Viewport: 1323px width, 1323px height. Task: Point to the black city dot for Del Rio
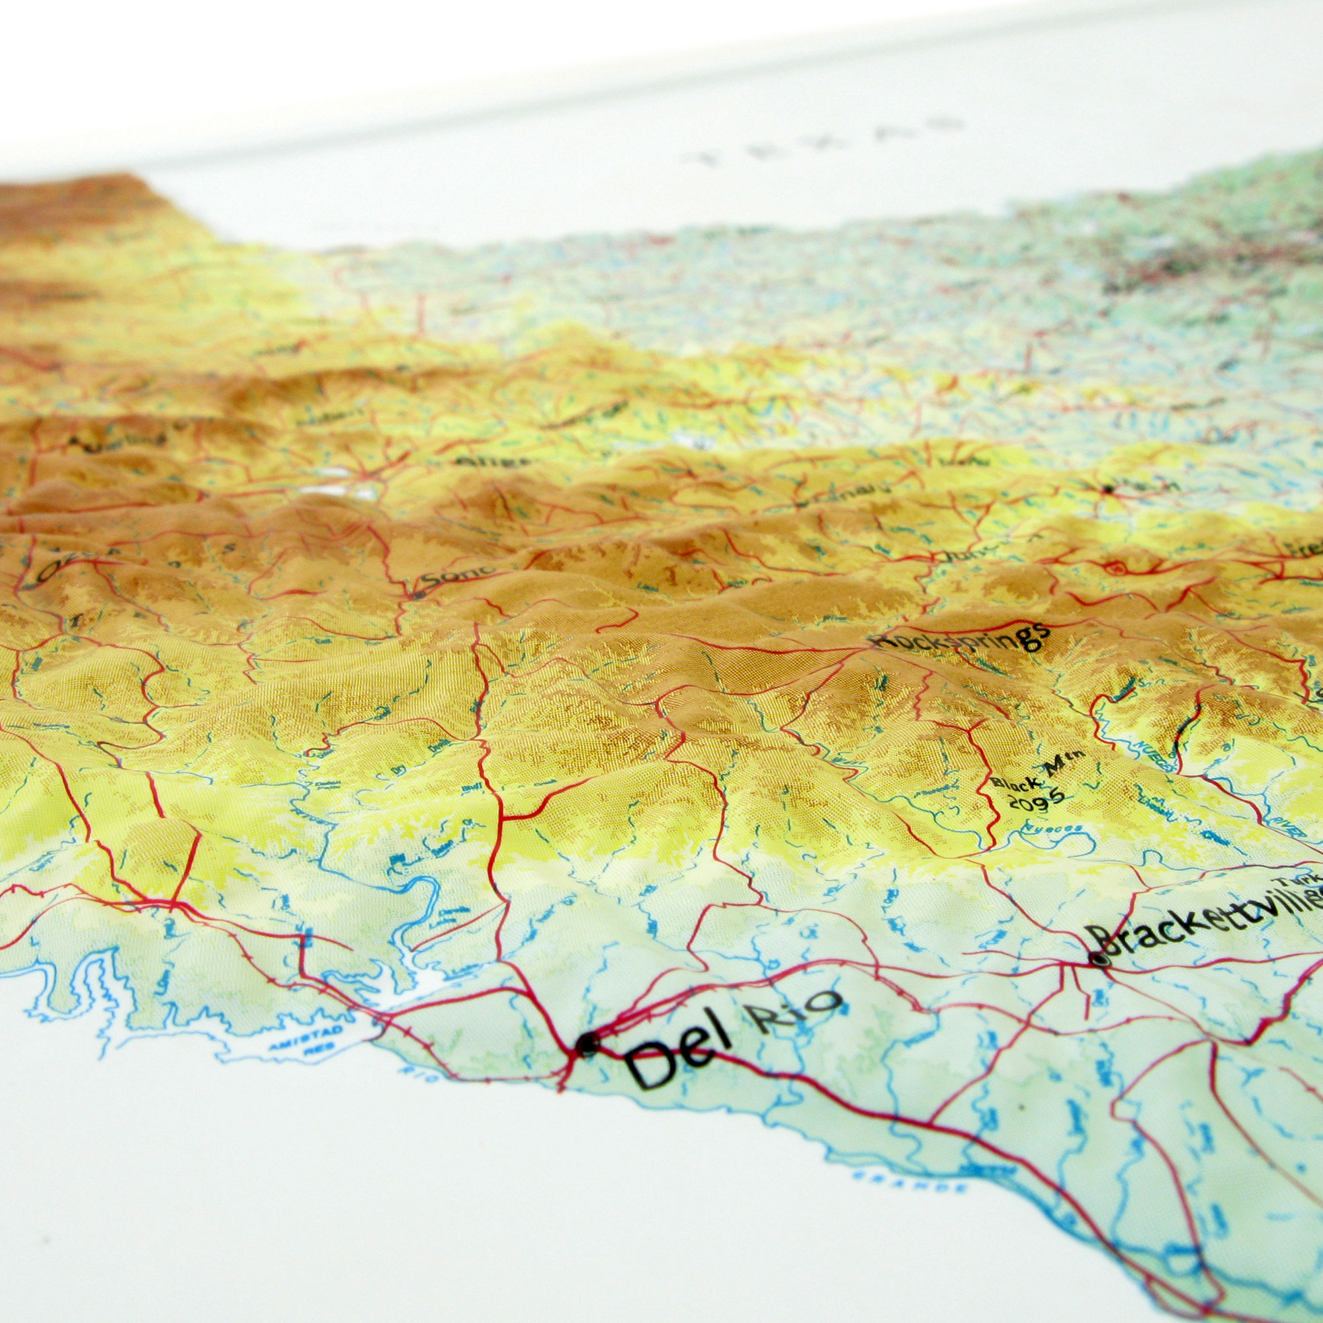click(x=587, y=1044)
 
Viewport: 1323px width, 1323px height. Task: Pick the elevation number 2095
click(x=1037, y=798)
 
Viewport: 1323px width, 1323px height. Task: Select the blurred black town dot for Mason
click(x=1107, y=489)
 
